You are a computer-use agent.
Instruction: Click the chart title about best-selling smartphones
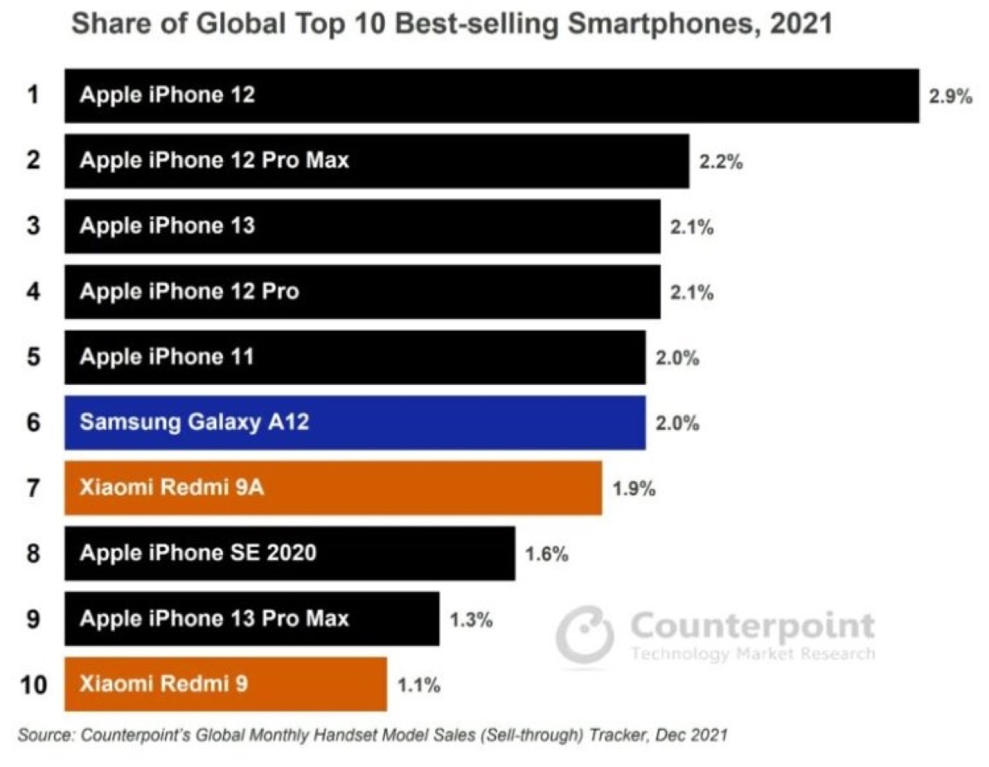pos(451,24)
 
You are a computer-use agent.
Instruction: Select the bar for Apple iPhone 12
pos(491,95)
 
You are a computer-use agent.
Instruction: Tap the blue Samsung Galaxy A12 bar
pos(355,422)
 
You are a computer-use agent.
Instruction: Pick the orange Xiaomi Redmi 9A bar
pos(332,488)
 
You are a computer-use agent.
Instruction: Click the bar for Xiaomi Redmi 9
pos(225,684)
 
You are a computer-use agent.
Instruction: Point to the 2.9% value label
pos(950,97)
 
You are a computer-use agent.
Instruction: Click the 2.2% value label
pos(720,162)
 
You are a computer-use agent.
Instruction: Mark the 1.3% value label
pos(471,620)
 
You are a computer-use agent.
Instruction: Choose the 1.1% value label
pos(418,686)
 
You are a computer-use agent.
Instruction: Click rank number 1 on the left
pos(33,95)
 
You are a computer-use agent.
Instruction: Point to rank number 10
pos(33,685)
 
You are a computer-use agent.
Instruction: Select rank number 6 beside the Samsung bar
pos(33,422)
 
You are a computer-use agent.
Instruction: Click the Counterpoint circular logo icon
pos(584,634)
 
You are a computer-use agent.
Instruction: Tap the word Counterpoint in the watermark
pos(752,626)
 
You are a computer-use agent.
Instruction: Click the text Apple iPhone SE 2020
pos(198,553)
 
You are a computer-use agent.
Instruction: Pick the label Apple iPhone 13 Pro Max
pos(214,619)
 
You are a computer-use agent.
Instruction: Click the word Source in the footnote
pos(46,736)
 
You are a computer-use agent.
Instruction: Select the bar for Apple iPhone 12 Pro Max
pos(377,161)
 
